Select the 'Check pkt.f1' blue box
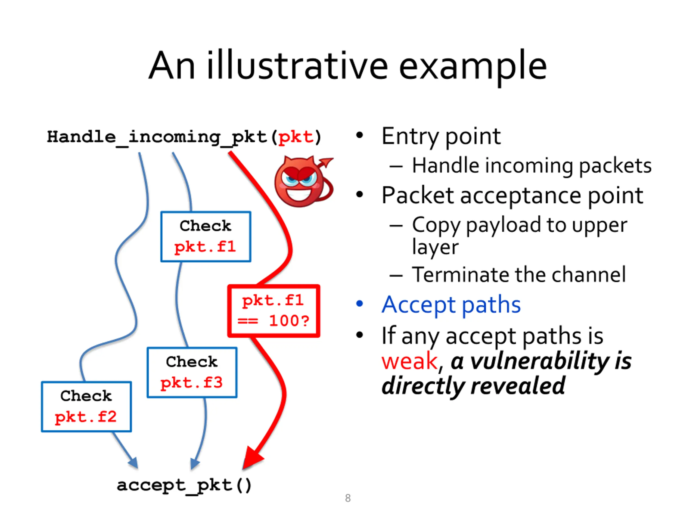(x=206, y=237)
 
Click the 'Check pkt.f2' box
(x=86, y=406)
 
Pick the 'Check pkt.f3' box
(x=192, y=372)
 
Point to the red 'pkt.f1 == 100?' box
(x=274, y=311)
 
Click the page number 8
(x=348, y=498)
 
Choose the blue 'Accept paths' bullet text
(x=451, y=304)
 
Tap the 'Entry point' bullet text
(x=441, y=136)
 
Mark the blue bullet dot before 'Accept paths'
(x=359, y=304)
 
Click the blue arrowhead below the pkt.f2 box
(x=133, y=462)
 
